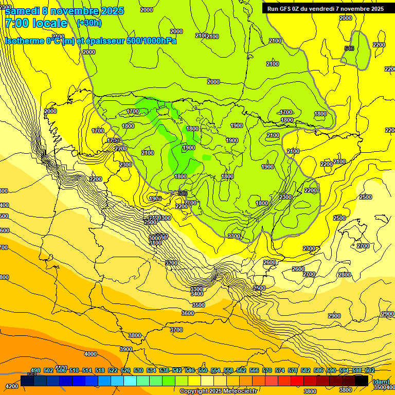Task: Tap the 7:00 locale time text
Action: (36, 23)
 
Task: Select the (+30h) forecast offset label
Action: (89, 23)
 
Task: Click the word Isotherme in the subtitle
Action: (24, 41)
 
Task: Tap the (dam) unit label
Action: (381, 382)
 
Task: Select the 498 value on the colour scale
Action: (35, 371)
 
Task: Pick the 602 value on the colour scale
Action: (369, 371)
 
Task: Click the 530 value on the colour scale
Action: (138, 371)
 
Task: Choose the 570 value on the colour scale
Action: (267, 371)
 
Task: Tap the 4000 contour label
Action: (91, 354)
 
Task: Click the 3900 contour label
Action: (126, 349)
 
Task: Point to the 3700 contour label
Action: (176, 330)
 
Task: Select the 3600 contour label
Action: (188, 313)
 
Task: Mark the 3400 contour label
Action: (196, 294)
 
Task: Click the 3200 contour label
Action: (171, 263)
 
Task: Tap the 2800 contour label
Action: (344, 275)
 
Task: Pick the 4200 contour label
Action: (11, 386)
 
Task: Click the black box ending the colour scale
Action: (362, 381)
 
